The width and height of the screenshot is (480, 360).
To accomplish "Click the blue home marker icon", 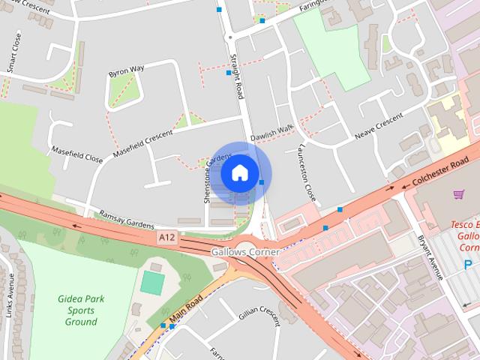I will click(x=239, y=172).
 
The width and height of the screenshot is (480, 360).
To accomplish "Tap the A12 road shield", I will click(x=167, y=238).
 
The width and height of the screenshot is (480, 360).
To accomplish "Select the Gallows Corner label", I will click(x=245, y=253).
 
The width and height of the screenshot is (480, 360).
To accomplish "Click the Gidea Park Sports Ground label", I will click(x=81, y=310).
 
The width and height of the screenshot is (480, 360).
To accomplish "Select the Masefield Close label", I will click(x=77, y=154).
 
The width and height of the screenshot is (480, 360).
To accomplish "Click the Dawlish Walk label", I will click(x=271, y=133).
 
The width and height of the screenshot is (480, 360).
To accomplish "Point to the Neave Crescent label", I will click(x=379, y=127).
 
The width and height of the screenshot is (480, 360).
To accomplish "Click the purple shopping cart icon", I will click(x=459, y=195).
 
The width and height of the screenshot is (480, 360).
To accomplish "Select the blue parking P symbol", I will click(x=469, y=264).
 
